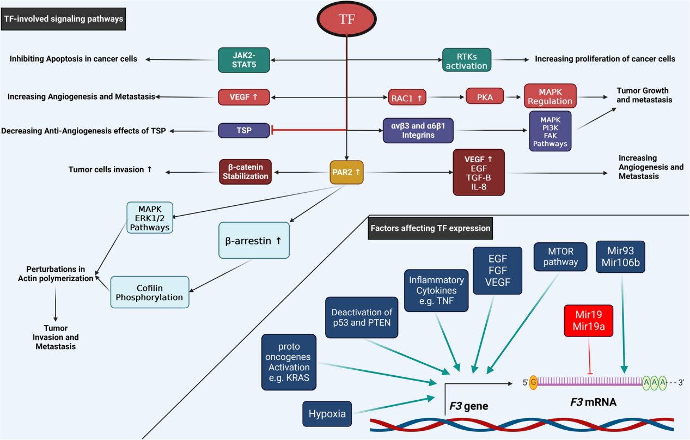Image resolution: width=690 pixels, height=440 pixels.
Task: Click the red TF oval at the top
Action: click(x=347, y=19)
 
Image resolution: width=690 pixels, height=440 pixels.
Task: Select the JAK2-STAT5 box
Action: click(x=244, y=60)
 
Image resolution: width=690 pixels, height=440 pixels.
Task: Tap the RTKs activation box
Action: click(x=466, y=60)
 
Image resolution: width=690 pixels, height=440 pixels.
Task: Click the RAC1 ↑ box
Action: click(x=407, y=97)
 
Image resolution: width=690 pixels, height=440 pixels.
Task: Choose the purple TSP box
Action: click(x=244, y=130)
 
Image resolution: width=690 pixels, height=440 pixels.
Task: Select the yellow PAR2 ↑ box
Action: click(x=346, y=172)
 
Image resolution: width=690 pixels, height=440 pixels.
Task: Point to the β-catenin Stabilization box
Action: click(x=246, y=172)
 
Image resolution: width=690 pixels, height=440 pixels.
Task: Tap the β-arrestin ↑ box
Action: click(x=254, y=240)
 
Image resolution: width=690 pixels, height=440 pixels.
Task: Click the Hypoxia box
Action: click(x=327, y=413)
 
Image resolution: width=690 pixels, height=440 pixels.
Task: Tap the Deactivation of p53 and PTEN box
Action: click(x=362, y=317)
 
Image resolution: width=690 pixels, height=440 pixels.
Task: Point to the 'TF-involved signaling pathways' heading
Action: click(x=64, y=19)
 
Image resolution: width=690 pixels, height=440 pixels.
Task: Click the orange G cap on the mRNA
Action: click(x=533, y=382)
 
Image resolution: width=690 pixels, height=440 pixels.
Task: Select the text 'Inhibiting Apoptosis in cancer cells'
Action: click(x=74, y=59)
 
